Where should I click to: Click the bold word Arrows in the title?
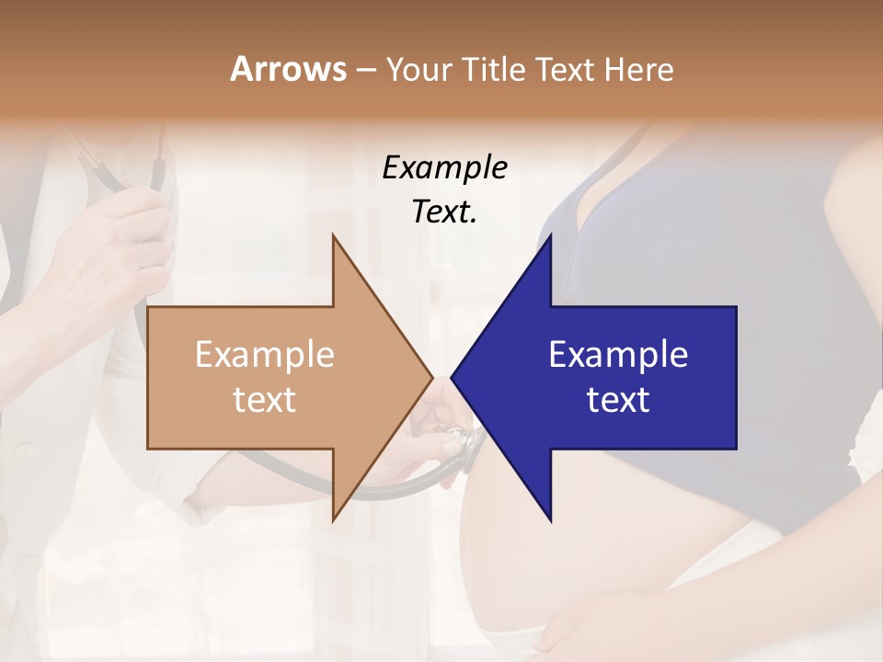click(288, 69)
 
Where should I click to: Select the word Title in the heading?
click(498, 70)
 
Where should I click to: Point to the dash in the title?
click(365, 71)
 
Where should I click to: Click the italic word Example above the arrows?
click(444, 168)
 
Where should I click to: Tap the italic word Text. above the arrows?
click(444, 211)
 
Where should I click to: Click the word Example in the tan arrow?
click(265, 355)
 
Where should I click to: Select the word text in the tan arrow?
click(265, 400)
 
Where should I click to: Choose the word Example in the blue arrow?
click(618, 355)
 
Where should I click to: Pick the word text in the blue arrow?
click(618, 400)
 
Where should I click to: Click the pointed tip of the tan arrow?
click(432, 377)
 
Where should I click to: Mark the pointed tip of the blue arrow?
click(452, 377)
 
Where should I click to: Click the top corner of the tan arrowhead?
click(333, 234)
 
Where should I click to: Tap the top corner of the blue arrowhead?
click(551, 234)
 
